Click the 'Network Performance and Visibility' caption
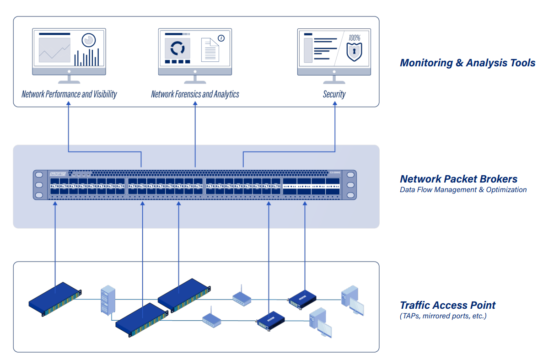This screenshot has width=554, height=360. (x=69, y=94)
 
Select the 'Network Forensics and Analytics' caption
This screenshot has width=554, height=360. (x=195, y=94)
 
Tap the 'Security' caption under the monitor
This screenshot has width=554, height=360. (x=334, y=94)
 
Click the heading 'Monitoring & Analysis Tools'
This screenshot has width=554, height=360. (x=467, y=63)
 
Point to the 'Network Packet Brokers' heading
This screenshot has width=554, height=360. (x=458, y=179)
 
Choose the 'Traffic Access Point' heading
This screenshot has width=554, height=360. (x=447, y=305)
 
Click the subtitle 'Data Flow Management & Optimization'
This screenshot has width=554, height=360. (x=463, y=190)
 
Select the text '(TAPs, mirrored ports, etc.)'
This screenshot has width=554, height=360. (x=443, y=316)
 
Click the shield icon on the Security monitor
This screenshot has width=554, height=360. (x=354, y=52)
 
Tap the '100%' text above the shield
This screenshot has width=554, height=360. (x=355, y=38)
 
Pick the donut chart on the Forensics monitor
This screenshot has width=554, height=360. (x=177, y=48)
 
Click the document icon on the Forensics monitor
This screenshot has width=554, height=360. (x=210, y=49)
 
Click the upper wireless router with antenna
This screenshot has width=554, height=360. (x=242, y=297)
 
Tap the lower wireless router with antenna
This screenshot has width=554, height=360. (x=212, y=318)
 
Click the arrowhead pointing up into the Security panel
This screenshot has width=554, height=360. (x=335, y=104)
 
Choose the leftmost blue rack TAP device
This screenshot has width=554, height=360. (x=55, y=298)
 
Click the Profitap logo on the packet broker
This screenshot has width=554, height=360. (x=58, y=174)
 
